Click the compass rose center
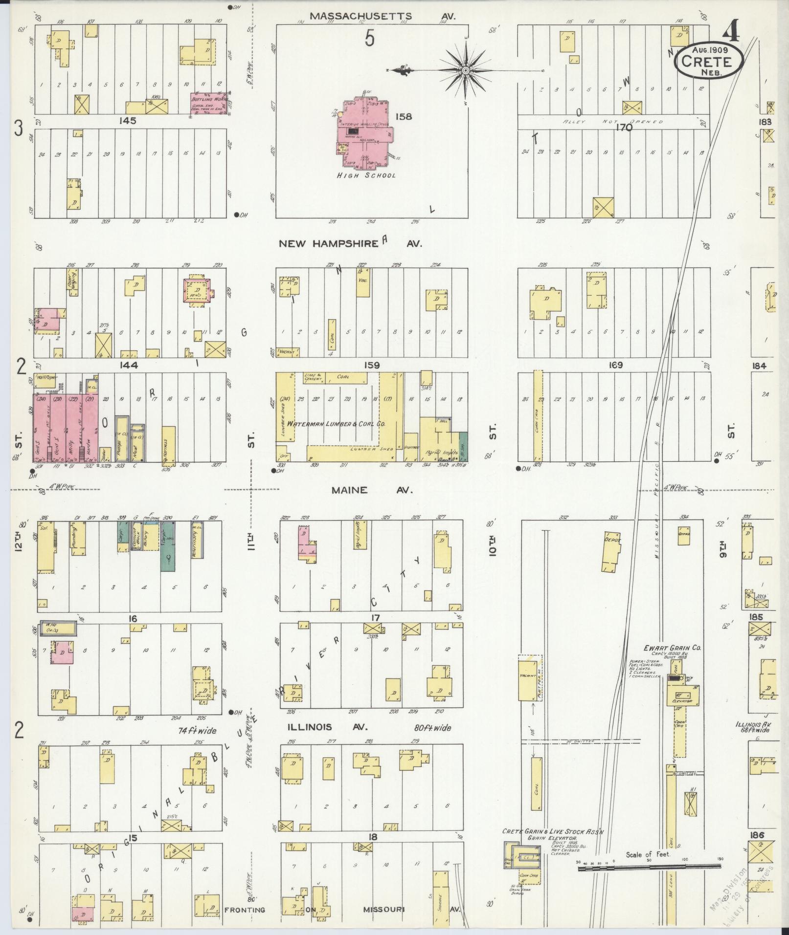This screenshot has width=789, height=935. pos(466,71)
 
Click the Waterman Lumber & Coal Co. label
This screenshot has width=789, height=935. pos(337,424)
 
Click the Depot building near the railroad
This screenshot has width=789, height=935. pos(612,550)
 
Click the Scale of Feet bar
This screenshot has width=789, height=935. pos(649,867)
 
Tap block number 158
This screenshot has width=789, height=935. pos(404,116)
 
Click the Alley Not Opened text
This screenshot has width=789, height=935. pos(612,122)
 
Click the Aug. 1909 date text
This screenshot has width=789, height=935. pos(710,50)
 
